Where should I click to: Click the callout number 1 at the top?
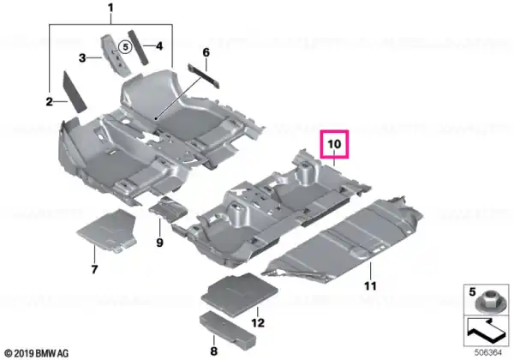tap(111, 8)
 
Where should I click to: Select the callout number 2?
tap(49, 102)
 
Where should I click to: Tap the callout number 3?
tap(82, 58)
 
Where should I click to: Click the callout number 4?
tap(159, 46)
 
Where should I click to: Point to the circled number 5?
tap(125, 47)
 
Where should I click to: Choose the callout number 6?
tap(206, 52)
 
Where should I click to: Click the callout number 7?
tap(94, 269)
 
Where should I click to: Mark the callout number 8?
tap(213, 351)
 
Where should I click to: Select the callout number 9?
tap(159, 243)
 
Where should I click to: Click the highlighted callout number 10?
tap(334, 144)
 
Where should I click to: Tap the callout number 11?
tap(370, 286)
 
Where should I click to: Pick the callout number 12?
tap(258, 323)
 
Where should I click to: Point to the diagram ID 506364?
tap(488, 353)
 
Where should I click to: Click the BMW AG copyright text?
tap(37, 353)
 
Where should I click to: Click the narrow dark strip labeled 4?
tap(138, 48)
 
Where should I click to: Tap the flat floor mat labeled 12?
tap(240, 295)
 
